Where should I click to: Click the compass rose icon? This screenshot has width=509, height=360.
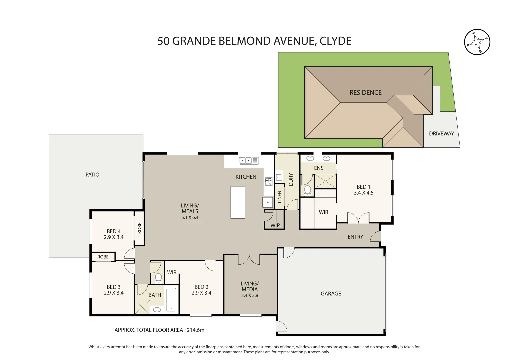click(x=477, y=42)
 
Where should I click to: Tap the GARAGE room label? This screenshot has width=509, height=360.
click(x=331, y=294)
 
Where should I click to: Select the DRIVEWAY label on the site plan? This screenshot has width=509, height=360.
click(x=441, y=134)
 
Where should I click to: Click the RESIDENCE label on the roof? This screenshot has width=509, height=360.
click(x=365, y=93)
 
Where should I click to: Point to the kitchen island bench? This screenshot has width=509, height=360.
click(x=238, y=202)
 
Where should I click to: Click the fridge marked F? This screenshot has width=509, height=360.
click(x=267, y=202)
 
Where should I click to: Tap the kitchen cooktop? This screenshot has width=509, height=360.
click(x=268, y=181)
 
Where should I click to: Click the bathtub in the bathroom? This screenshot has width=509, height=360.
click(x=171, y=299)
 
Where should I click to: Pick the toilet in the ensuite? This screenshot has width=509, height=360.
click(x=307, y=190)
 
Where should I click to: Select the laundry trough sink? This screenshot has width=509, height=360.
click(x=279, y=177)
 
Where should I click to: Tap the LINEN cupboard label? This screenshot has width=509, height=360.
click(x=279, y=197)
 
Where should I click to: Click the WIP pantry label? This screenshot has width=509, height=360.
click(x=275, y=226)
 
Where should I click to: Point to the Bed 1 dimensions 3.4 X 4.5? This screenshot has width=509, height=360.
click(x=363, y=193)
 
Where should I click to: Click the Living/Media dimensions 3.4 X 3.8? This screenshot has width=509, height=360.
click(x=249, y=295)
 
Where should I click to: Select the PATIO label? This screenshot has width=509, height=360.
click(x=92, y=175)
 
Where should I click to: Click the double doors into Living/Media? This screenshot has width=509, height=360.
click(x=249, y=260)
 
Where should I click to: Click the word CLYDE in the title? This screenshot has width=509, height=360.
click(x=335, y=41)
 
